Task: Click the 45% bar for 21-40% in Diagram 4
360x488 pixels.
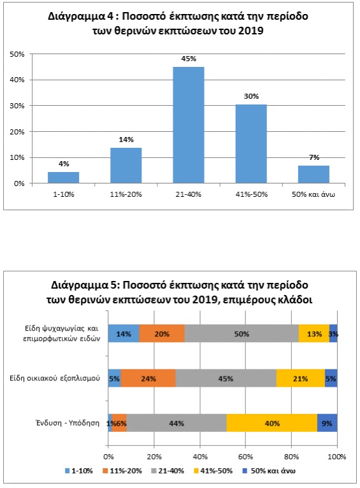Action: (189, 125)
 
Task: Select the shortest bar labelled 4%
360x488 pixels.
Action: (64, 177)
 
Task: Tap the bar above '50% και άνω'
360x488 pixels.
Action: (313, 175)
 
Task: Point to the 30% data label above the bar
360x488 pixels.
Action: (252, 96)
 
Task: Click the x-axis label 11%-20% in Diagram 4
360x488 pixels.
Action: (126, 194)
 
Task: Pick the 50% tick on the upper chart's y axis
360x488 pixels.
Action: (17, 54)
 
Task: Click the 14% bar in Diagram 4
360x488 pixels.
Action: (126, 166)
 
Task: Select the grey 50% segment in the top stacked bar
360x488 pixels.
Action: (241, 333)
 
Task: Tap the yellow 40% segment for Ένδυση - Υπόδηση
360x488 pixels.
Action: (272, 423)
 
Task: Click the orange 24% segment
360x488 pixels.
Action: (148, 378)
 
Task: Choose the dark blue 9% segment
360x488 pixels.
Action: (328, 423)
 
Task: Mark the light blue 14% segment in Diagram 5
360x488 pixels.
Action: (124, 333)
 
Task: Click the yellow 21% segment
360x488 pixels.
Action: (301, 378)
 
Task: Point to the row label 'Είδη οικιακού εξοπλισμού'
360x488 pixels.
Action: (55, 378)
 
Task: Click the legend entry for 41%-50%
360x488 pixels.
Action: (213, 471)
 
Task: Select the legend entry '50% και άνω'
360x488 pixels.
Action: (269, 471)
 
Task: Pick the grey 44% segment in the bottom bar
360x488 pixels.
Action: (176, 423)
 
